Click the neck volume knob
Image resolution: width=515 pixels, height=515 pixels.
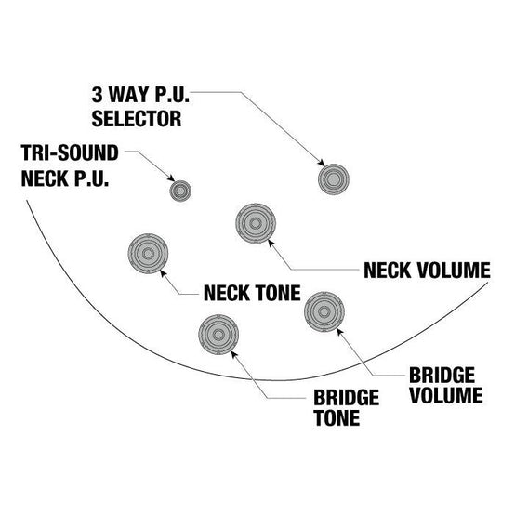coord(256,223)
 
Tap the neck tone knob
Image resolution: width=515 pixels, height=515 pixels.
coord(148,254)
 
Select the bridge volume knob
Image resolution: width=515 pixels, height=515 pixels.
coord(324,311)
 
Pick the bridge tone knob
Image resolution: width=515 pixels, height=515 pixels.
coord(218,335)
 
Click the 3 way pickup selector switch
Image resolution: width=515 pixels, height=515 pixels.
coord(334,179)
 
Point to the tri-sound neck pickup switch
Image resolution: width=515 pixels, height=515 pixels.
coord(180,191)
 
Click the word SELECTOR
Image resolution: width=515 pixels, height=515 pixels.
coord(137,119)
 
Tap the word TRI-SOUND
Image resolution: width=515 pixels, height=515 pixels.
coord(70,152)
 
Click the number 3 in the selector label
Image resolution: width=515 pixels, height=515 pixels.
coord(97,95)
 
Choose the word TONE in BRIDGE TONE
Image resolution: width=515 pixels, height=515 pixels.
coord(337,417)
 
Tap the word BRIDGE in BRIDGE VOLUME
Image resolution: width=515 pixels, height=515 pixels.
coord(442,375)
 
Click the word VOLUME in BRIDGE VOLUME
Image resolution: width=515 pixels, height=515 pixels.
coord(446,395)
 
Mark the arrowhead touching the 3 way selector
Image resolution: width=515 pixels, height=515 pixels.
coord(322,163)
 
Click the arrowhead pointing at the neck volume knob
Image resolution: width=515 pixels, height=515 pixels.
coord(271,244)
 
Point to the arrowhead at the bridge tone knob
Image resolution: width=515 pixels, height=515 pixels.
coord(234,355)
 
